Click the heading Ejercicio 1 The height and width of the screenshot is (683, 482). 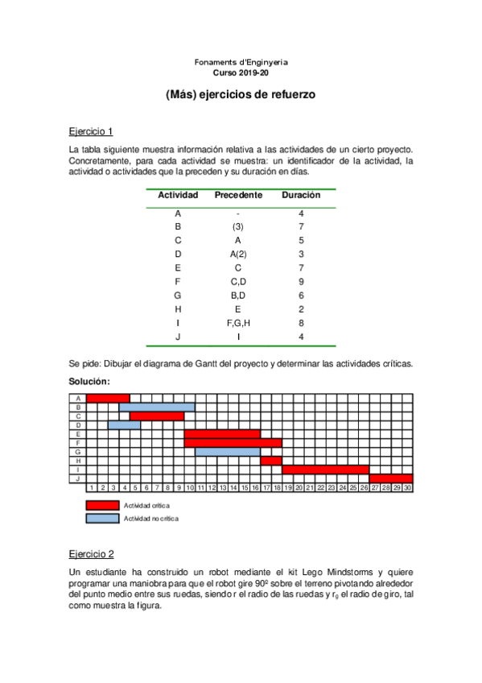[91, 130]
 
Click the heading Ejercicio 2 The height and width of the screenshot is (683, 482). [91, 553]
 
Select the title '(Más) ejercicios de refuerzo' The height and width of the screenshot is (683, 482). [241, 94]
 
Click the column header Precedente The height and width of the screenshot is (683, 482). [238, 195]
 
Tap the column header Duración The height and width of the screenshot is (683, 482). [301, 195]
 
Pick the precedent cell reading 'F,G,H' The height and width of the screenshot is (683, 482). [238, 323]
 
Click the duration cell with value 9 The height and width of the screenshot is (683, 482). [301, 282]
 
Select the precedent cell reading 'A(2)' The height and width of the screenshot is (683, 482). [238, 255]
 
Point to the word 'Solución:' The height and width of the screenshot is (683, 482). [89, 380]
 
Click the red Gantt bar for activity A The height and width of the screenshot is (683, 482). [108, 398]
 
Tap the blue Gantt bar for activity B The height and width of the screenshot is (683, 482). [162, 407]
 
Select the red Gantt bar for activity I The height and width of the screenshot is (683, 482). [325, 470]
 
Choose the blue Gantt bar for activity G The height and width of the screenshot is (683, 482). [227, 452]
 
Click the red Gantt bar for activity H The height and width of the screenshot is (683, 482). [271, 461]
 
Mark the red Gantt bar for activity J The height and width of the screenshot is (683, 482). [390, 478]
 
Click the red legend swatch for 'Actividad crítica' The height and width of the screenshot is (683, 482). [101, 505]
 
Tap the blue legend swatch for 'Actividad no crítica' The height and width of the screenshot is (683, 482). [101, 518]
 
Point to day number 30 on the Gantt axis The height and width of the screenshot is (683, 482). [407, 488]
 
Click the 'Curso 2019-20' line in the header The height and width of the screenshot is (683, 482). [241, 72]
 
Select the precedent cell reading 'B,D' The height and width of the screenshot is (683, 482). [238, 296]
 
